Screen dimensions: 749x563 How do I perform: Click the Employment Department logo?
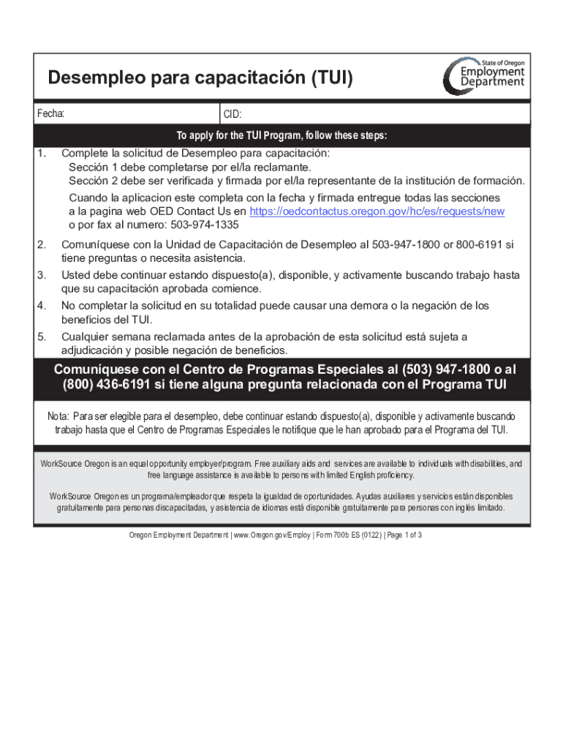[483, 76]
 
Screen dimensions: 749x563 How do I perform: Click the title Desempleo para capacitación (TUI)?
[200, 78]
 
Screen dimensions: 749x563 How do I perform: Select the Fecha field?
[128, 114]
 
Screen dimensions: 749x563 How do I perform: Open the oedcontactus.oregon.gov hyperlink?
[377, 211]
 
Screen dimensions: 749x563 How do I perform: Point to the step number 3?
[42, 275]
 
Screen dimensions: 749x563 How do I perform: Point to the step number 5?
[42, 336]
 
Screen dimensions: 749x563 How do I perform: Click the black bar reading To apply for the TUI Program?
[281, 136]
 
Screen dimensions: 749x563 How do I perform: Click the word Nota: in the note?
[58, 416]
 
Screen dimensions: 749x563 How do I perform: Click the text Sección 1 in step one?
[93, 167]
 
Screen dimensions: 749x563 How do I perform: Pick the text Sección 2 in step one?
[93, 181]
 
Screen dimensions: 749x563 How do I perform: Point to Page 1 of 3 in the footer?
[404, 535]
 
